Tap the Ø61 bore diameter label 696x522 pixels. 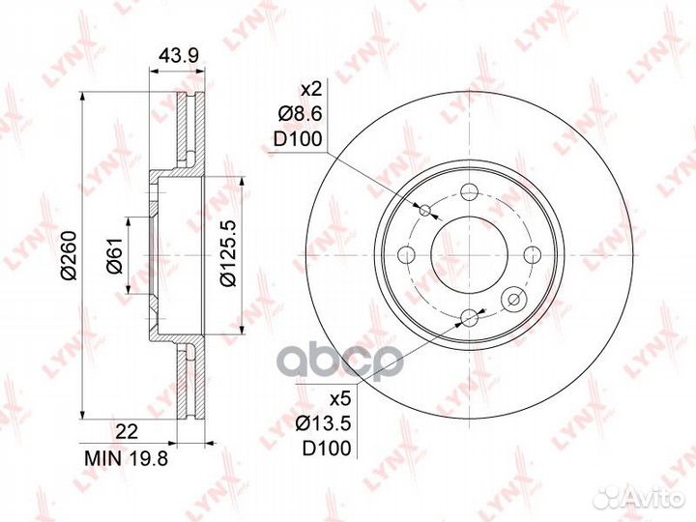point(113,255)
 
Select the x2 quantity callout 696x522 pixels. point(309,89)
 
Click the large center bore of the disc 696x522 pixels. point(468,253)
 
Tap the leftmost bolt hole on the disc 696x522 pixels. point(409,254)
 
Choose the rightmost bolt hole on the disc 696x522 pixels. point(531,254)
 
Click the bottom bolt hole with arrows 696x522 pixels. point(470,317)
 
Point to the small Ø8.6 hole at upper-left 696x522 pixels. point(425,210)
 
